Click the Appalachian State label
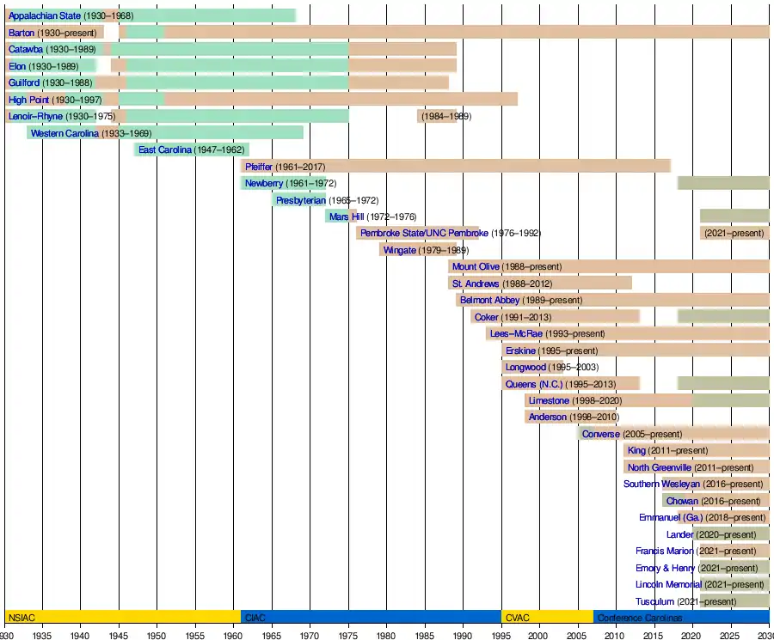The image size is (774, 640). (44, 15)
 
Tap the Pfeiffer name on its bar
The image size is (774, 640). (258, 166)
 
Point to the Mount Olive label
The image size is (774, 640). (476, 266)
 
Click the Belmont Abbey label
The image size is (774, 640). (489, 300)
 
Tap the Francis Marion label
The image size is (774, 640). (664, 551)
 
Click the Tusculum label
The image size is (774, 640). (654, 601)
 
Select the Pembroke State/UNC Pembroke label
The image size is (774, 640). (424, 233)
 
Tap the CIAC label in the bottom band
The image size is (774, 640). (255, 618)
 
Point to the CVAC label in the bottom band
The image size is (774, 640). (517, 618)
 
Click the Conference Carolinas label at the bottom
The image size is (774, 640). (639, 618)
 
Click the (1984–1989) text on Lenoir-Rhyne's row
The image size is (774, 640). (445, 116)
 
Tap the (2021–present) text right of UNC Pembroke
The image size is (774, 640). (734, 233)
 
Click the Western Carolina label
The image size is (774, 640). (64, 133)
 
